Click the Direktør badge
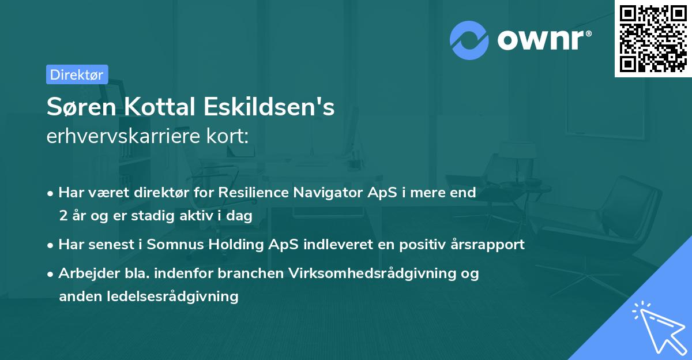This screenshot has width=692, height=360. [x=77, y=74]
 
